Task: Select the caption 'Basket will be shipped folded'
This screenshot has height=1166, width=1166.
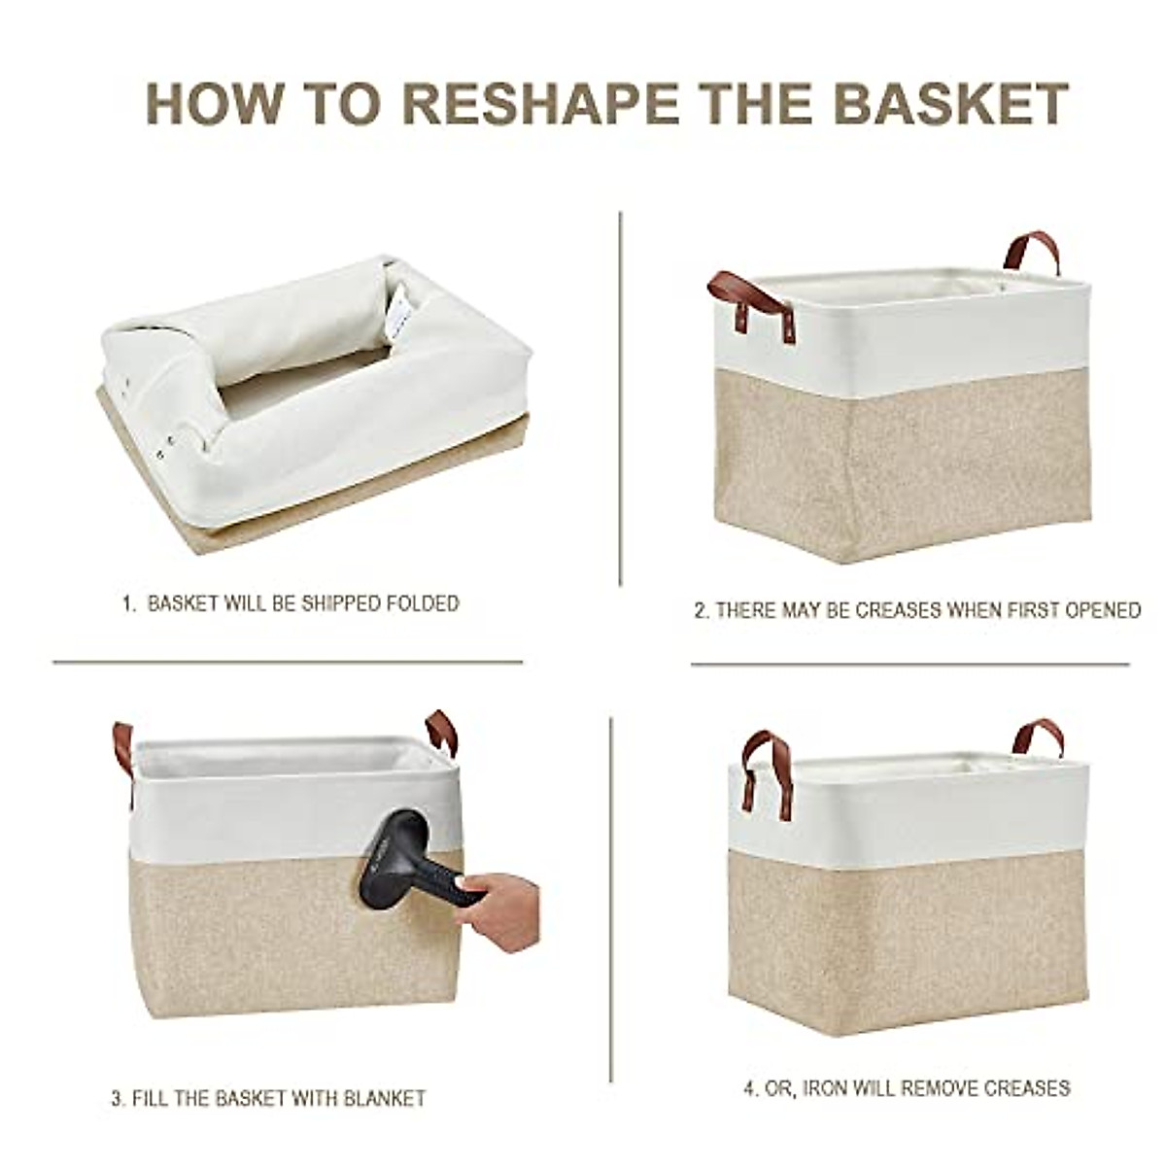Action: tap(291, 603)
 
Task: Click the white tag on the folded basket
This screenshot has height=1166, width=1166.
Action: tap(401, 313)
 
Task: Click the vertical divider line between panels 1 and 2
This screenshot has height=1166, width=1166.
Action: tap(620, 398)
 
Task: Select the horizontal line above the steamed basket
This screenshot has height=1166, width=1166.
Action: tap(288, 663)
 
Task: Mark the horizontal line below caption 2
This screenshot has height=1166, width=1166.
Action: tap(909, 665)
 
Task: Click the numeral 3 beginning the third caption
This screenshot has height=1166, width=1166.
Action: tap(116, 1100)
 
